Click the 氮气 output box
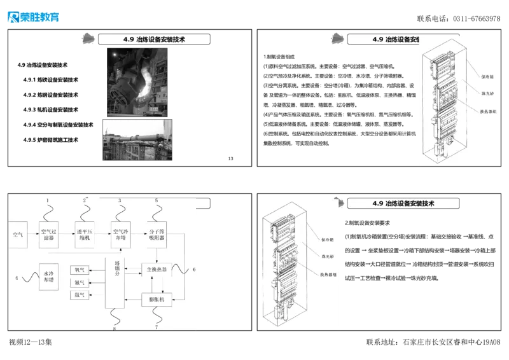(80, 282)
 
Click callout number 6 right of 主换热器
(194, 269)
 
